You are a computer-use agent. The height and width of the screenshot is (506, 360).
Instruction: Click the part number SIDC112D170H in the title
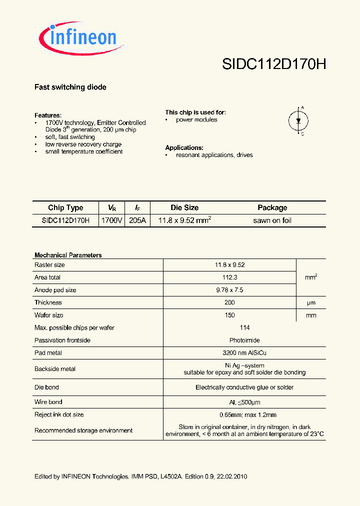(x=273, y=65)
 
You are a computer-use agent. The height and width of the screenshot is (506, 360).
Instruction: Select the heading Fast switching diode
(x=70, y=87)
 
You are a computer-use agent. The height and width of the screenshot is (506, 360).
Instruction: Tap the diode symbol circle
(x=298, y=120)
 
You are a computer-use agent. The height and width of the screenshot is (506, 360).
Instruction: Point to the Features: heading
(x=48, y=115)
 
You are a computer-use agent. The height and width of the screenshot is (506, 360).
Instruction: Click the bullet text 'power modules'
(x=196, y=120)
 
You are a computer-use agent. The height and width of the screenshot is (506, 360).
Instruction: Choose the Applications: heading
(x=184, y=148)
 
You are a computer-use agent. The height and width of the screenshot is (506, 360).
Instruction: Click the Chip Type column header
(x=65, y=208)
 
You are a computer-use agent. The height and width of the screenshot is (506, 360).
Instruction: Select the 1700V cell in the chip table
(x=111, y=220)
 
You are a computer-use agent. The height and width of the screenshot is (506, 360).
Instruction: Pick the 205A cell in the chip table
(x=137, y=220)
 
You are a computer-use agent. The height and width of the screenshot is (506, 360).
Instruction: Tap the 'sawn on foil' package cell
(x=272, y=220)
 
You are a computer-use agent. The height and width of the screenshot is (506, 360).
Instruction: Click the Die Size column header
(x=184, y=208)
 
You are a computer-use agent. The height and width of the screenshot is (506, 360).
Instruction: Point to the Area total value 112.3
(x=229, y=277)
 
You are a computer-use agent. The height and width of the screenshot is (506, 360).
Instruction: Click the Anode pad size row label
(x=55, y=290)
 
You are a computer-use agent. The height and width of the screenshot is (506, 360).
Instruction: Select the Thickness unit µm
(x=311, y=302)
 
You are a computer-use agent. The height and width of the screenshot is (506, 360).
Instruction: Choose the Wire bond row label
(x=48, y=402)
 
